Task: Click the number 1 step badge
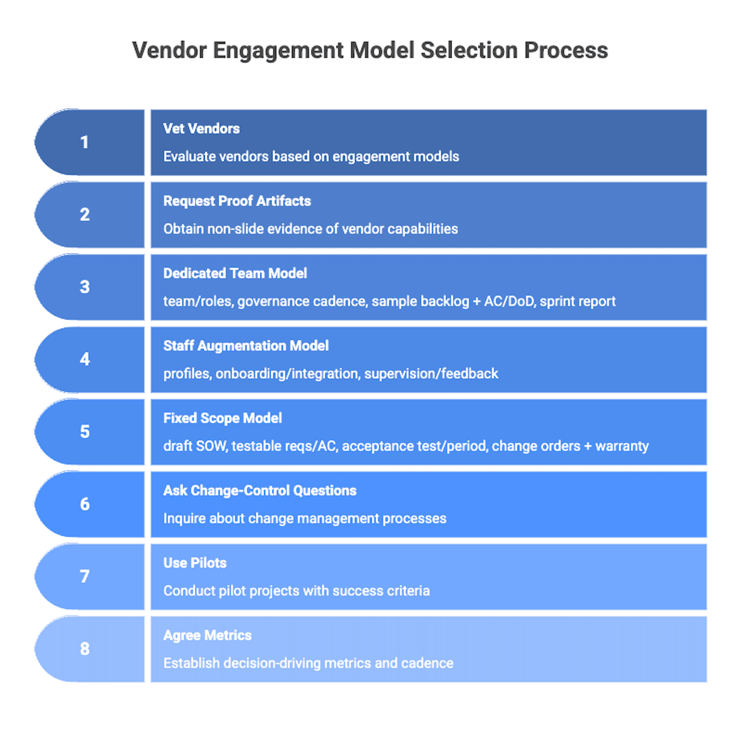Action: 84,142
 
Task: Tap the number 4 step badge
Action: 84,359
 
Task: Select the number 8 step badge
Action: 84,649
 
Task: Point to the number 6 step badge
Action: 84,504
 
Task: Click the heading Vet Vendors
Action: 202,129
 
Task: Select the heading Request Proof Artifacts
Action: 237,201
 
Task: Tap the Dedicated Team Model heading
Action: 235,273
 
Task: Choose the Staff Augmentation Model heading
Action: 246,346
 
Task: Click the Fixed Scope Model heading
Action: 223,418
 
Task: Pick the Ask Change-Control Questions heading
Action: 260,490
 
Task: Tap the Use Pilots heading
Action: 195,563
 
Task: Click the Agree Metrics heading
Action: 207,635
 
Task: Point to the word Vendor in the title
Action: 169,50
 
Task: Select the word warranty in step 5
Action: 622,446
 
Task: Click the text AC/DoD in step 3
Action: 509,302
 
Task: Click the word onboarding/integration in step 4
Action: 287,374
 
